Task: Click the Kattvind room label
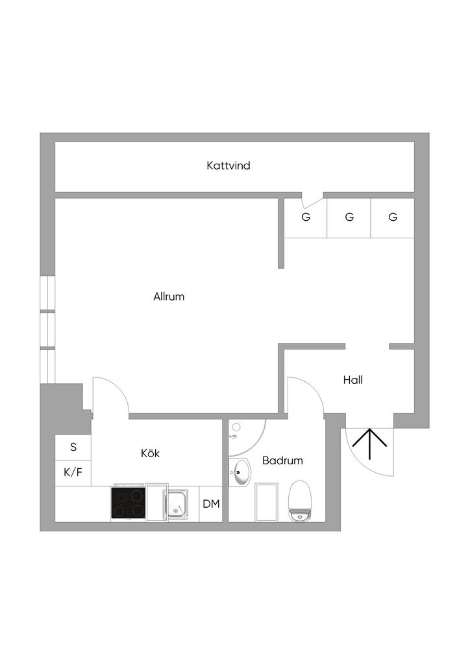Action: tap(229, 166)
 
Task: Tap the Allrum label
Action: tap(169, 297)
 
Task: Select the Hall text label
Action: tap(352, 380)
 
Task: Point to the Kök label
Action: tap(150, 453)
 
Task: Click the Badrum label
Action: tap(282, 460)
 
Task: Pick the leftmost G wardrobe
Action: tap(306, 218)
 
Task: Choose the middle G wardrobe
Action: tap(349, 218)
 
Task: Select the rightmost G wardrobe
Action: tap(393, 218)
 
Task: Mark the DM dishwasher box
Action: tap(211, 504)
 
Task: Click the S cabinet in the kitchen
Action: tap(73, 447)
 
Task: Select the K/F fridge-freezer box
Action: tap(73, 472)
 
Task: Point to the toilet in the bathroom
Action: tap(300, 501)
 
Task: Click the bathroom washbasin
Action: tap(240, 472)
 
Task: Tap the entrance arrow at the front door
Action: tap(369, 445)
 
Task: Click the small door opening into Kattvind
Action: tap(313, 197)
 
